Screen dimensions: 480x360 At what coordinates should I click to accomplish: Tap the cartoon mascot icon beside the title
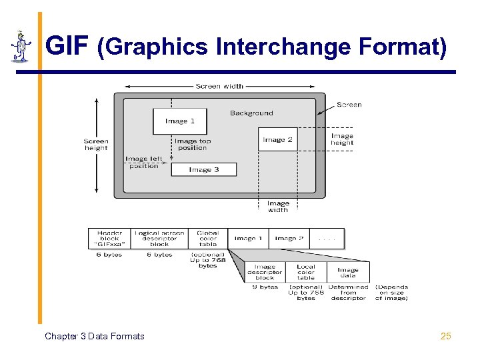pyautogui.click(x=21, y=46)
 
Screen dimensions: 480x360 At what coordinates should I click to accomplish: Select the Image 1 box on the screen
pyautogui.click(x=180, y=121)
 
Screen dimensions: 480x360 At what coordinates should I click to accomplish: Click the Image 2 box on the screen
pyautogui.click(x=277, y=139)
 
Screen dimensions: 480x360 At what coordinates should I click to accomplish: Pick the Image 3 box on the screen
pyautogui.click(x=203, y=169)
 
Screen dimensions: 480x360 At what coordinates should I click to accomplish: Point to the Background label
pyautogui.click(x=251, y=113)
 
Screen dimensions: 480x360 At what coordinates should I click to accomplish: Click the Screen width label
pyautogui.click(x=219, y=86)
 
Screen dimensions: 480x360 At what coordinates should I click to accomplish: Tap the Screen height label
pyautogui.click(x=96, y=144)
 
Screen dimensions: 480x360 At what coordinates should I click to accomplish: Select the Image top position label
pyautogui.click(x=192, y=144)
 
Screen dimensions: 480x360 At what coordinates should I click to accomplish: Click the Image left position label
pyautogui.click(x=143, y=163)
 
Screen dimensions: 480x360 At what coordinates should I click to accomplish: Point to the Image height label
pyautogui.click(x=342, y=139)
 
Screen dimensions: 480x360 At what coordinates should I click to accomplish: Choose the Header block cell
pyautogui.click(x=109, y=239)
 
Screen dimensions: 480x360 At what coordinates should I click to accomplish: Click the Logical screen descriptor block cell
pyautogui.click(x=159, y=239)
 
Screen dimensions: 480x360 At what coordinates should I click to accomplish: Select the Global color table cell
pyautogui.click(x=207, y=239)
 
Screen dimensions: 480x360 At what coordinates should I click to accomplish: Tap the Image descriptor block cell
pyautogui.click(x=265, y=272)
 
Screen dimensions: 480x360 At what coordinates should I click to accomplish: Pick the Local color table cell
pyautogui.click(x=306, y=272)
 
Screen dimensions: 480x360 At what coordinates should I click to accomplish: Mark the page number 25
pyautogui.click(x=446, y=336)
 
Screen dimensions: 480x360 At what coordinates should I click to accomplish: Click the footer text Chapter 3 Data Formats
pyautogui.click(x=94, y=336)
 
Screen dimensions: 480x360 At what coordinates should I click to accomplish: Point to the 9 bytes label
pyautogui.click(x=265, y=287)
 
